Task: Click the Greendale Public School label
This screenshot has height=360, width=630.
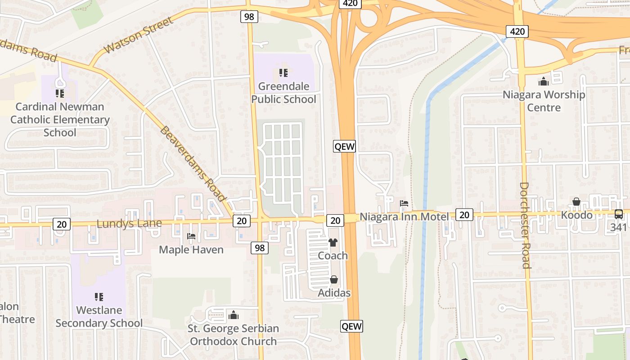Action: tap(283, 93)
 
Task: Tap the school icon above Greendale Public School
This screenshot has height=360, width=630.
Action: tap(283, 72)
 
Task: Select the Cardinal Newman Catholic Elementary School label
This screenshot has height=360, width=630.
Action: tap(60, 120)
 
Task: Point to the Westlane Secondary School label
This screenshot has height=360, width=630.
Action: tap(99, 317)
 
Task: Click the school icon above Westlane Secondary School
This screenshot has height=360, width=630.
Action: tap(99, 297)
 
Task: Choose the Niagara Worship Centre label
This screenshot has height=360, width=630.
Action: tap(544, 101)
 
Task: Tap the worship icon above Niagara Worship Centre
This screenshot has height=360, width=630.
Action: tap(544, 81)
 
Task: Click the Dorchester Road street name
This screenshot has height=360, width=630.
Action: tap(525, 225)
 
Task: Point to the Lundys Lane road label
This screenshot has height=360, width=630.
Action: tap(129, 224)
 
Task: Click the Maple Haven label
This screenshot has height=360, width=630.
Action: tap(191, 250)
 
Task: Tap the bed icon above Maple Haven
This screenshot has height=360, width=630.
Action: tap(191, 236)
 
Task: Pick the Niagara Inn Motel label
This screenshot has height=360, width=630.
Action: tap(404, 217)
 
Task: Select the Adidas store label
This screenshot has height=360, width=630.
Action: tap(334, 293)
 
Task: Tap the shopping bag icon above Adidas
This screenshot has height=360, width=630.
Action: tap(334, 280)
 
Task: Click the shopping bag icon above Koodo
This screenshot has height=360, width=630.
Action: tap(576, 202)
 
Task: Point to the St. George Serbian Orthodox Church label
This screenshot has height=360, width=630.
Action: tap(233, 335)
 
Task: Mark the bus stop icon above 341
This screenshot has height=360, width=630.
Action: tap(619, 214)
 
